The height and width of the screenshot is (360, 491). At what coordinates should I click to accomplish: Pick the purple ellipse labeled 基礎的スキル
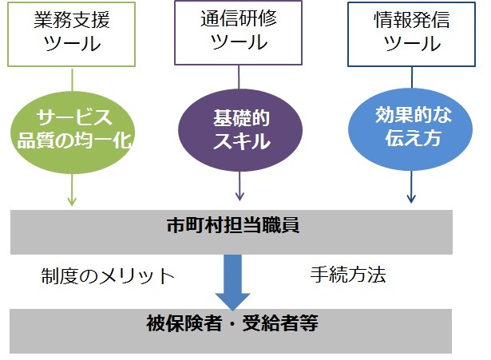[240, 129]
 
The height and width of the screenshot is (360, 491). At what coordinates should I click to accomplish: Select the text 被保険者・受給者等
[233, 324]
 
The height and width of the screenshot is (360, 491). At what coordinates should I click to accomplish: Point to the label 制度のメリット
[108, 276]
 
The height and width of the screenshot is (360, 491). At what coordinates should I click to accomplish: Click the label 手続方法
[347, 275]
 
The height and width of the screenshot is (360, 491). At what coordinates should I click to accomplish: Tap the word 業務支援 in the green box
[72, 20]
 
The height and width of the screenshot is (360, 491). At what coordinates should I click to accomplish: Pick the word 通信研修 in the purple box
[240, 20]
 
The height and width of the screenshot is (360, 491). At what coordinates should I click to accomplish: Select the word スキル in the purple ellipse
[241, 143]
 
